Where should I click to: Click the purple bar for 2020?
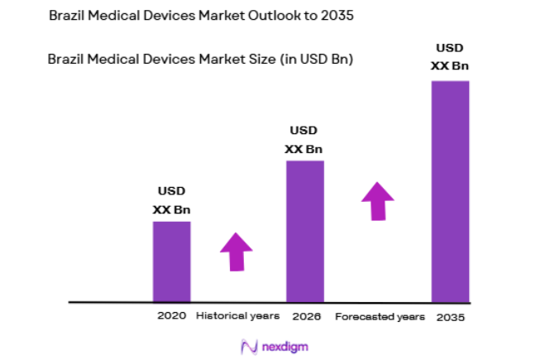(x=171, y=262)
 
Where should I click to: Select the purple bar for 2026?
(x=304, y=231)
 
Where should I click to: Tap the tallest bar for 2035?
(x=450, y=190)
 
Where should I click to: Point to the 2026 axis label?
(x=306, y=316)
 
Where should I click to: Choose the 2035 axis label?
(x=451, y=316)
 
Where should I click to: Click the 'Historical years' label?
(x=237, y=316)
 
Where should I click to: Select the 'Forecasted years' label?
(x=380, y=316)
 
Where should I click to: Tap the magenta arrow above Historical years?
(x=237, y=251)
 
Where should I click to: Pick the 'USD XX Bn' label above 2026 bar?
(x=304, y=140)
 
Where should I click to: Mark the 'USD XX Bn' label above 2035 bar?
(x=451, y=57)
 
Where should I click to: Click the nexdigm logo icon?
(x=247, y=347)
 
